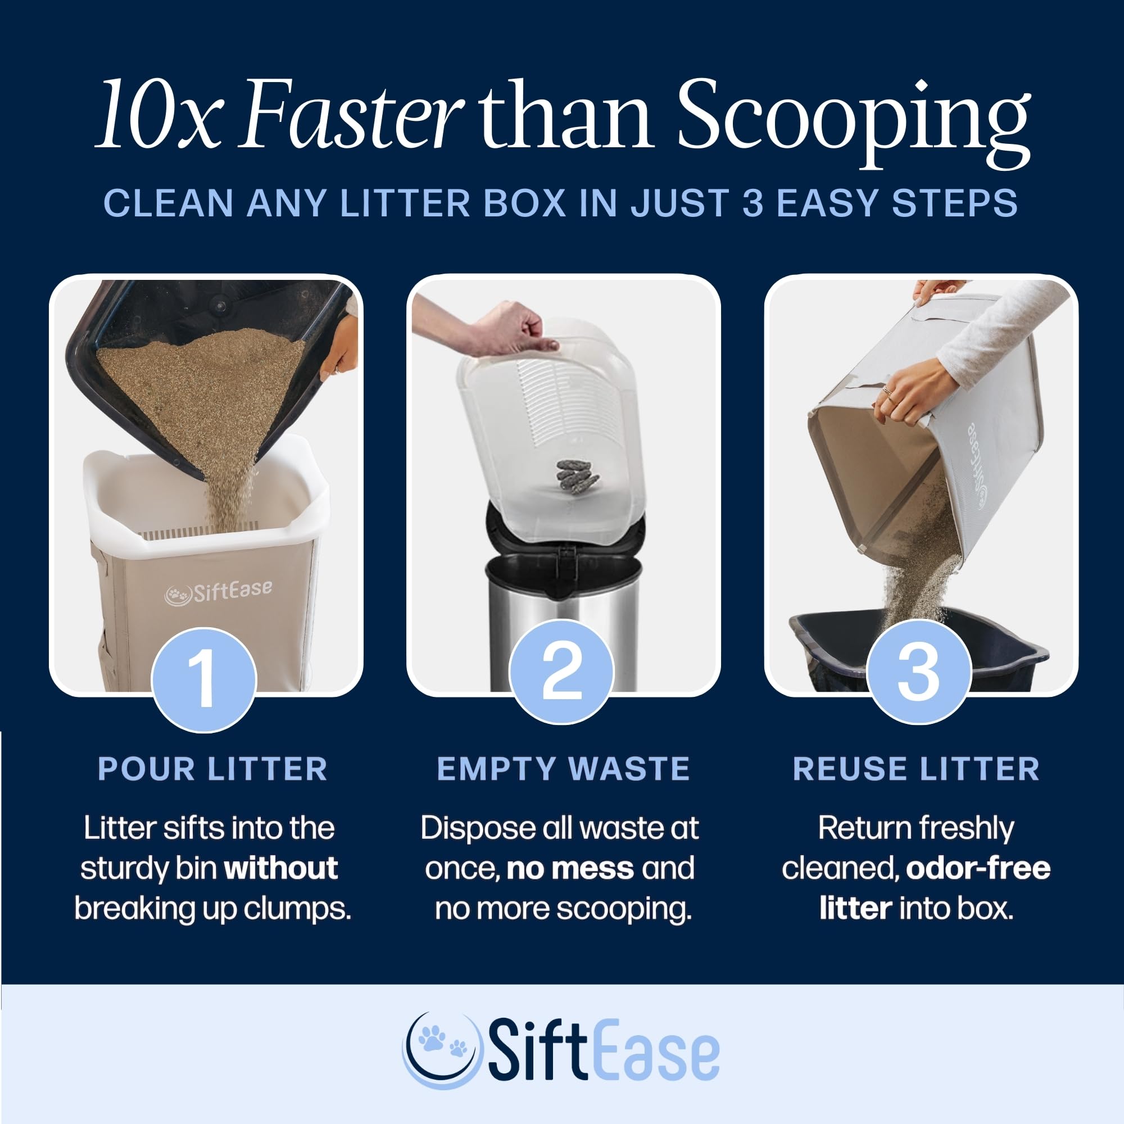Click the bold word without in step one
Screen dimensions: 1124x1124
281,868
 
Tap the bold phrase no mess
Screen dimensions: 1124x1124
570,868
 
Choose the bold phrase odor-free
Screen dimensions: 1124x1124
977,868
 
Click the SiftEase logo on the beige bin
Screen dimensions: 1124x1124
218,592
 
